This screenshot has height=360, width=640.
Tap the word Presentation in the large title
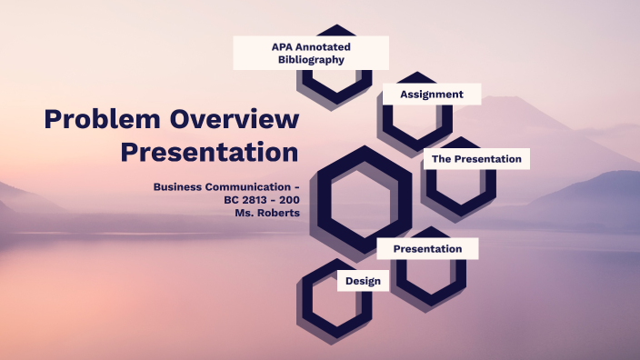[x=210, y=151]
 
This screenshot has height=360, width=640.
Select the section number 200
[x=288, y=199]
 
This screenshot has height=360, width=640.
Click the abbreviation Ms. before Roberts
[x=244, y=212]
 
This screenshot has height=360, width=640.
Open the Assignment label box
[x=432, y=95]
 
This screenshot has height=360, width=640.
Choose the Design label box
[x=363, y=281]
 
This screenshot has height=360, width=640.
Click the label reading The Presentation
[x=476, y=159]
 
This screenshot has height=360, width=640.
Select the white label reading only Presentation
[x=427, y=248]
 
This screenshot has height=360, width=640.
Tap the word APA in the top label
[x=283, y=46]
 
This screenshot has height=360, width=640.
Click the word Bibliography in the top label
[x=311, y=60]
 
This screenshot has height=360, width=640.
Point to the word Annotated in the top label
[x=325, y=46]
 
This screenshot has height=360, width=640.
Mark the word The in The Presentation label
[x=441, y=159]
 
